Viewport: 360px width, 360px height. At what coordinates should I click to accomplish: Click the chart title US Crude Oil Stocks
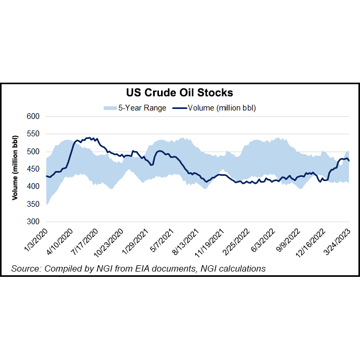[179, 93]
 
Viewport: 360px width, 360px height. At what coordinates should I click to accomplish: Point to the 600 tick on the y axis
[34, 116]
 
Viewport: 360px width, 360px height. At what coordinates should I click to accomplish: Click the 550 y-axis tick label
[34, 134]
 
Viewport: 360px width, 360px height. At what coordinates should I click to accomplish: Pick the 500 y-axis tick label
[34, 152]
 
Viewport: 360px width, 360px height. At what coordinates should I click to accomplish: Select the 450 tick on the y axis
[34, 169]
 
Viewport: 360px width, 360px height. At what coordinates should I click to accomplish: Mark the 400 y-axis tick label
[34, 187]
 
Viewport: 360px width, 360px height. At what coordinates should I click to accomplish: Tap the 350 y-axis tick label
[34, 204]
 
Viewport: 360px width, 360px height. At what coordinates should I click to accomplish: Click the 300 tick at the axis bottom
[34, 222]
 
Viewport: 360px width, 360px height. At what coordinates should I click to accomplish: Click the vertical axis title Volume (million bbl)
[15, 168]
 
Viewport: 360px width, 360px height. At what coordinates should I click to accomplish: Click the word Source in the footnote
[25, 269]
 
